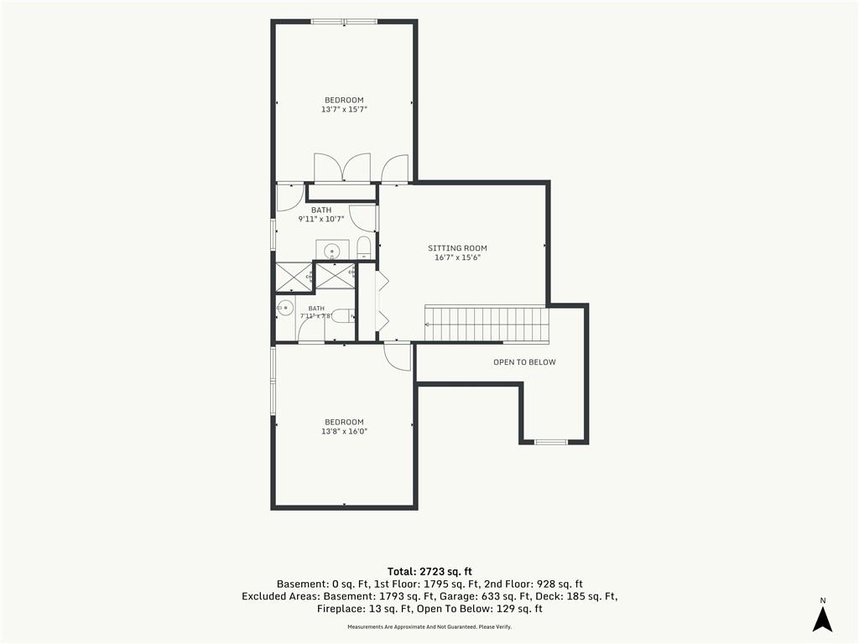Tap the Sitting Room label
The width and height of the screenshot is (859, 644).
[457, 248]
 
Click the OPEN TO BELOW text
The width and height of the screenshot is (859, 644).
[524, 362]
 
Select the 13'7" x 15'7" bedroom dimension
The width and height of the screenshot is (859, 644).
[344, 110]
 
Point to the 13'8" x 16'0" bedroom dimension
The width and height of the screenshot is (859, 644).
[344, 432]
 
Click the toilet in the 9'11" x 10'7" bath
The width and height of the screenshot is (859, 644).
[364, 248]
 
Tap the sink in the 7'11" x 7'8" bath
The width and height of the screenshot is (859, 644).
[285, 309]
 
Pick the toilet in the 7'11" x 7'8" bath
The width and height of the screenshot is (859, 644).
[344, 316]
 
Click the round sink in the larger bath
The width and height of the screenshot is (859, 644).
[332, 252]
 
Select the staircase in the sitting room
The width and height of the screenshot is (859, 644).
[487, 325]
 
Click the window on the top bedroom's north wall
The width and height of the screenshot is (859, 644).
[344, 22]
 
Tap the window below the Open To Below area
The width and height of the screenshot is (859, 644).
[551, 441]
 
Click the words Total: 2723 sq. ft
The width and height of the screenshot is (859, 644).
[429, 572]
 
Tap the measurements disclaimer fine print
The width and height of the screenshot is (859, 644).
[429, 626]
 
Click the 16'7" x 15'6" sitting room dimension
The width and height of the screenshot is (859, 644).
[457, 257]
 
